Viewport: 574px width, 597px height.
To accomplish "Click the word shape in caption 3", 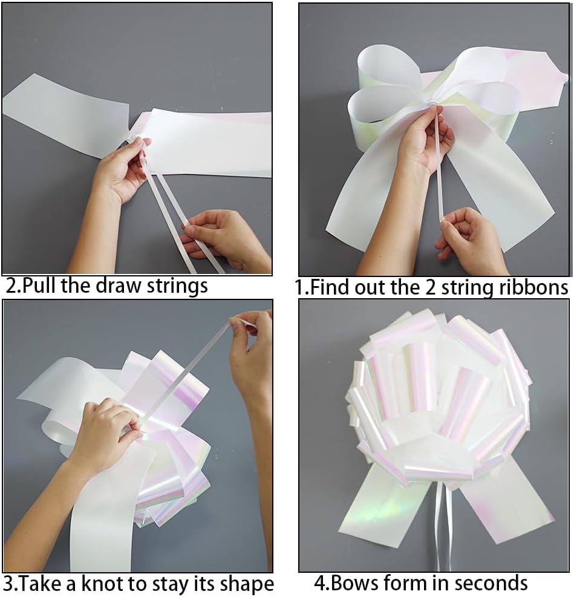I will [243, 585].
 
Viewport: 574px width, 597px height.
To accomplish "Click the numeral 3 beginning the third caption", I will [8, 584].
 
